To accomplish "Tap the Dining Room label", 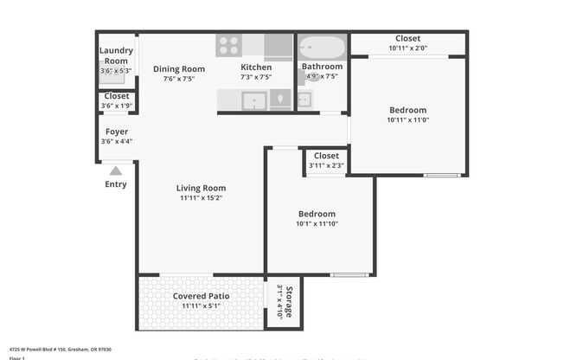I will (179, 69).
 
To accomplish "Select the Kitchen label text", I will (256, 67).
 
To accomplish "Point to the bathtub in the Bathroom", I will (322, 47).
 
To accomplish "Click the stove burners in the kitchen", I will (228, 45).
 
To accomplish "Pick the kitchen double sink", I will (254, 100).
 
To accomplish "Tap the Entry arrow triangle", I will (116, 170).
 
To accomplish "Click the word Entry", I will (116, 184).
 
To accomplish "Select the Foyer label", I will (116, 132).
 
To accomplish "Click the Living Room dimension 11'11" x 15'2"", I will (201, 198).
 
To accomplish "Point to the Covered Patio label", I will (201, 296).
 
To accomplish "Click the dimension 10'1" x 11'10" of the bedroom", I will (317, 224).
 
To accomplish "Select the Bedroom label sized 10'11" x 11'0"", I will (407, 110).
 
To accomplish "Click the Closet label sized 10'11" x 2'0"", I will (407, 38).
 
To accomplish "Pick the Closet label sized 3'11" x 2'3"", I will (326, 156).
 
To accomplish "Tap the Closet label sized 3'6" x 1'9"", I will (116, 96).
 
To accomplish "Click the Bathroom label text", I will (322, 67).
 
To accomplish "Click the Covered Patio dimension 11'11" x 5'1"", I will (201, 306).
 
